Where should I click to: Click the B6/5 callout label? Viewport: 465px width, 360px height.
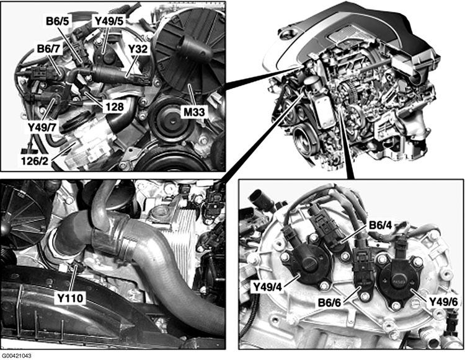57,21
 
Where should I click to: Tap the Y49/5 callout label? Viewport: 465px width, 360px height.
109,21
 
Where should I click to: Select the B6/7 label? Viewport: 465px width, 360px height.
48,48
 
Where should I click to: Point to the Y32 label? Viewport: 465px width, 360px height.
138,48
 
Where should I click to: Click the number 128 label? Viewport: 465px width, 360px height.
113,107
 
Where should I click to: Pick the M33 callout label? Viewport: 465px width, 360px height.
194,112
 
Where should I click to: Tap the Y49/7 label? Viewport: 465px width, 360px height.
42,128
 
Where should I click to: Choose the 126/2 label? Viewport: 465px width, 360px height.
35,160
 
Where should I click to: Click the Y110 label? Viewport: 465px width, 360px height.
70,298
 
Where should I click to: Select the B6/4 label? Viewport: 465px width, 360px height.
380,225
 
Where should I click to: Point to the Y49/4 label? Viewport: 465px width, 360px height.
267,286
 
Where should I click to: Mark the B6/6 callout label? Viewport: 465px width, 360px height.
329,302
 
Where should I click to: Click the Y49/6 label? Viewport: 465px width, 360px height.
443,302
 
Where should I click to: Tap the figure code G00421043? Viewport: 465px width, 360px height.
17,355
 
